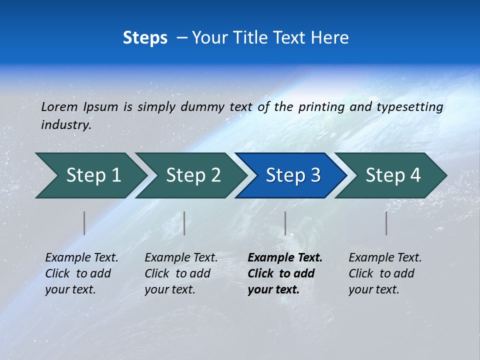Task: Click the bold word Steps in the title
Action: (x=145, y=38)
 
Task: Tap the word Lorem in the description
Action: (x=59, y=107)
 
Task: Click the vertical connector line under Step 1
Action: (x=84, y=223)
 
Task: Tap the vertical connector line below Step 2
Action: (x=184, y=223)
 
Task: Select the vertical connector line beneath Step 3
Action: (x=285, y=223)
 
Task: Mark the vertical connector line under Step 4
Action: (x=386, y=223)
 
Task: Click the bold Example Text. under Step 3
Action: (x=285, y=258)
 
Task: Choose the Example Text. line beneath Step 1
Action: (x=81, y=258)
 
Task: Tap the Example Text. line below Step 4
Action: (x=385, y=258)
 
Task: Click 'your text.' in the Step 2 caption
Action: (x=170, y=289)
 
